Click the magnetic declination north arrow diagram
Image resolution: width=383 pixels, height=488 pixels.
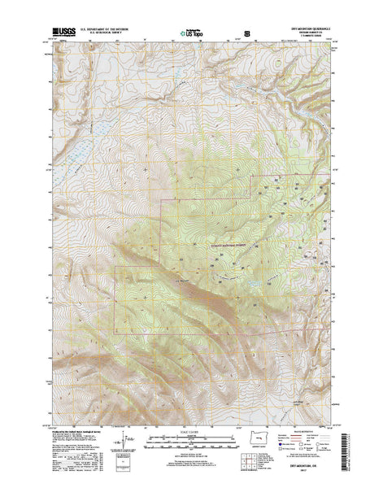click(x=122, y=443)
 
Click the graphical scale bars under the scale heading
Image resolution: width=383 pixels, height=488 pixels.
click(x=192, y=442)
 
